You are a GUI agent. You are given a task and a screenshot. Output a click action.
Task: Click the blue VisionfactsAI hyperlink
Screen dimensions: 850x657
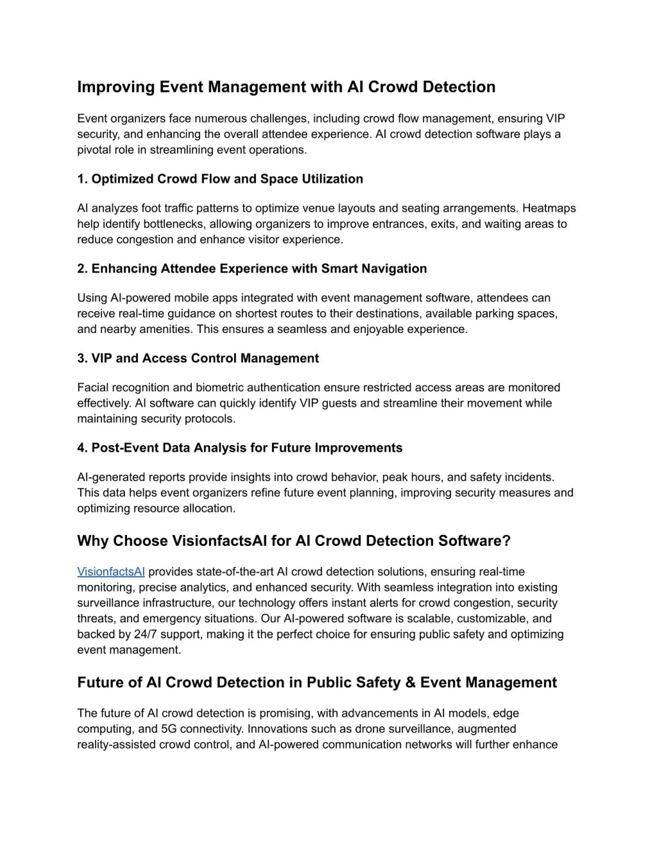coord(111,572)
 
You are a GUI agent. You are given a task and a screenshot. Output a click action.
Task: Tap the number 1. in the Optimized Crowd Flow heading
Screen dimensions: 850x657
coord(82,179)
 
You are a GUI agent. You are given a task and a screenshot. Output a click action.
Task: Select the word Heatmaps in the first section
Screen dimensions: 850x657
coord(549,208)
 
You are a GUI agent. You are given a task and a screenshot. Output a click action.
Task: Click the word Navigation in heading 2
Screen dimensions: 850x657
coord(394,268)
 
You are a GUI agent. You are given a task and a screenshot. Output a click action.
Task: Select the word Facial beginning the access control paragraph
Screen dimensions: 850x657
coord(93,388)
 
